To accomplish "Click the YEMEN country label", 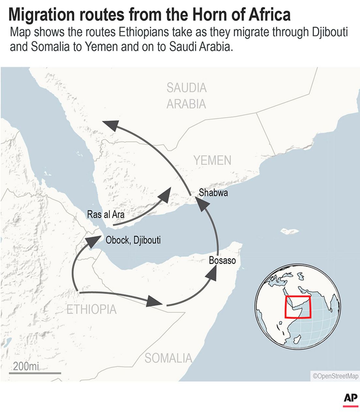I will tap(212, 160).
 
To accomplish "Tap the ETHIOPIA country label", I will tap(91, 309).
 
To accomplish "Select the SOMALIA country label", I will tap(168, 358).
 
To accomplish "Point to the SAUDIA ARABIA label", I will tap(186, 96).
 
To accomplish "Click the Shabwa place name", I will tap(213, 193).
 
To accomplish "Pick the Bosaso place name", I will tap(222, 261).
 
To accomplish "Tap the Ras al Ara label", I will tap(106, 214).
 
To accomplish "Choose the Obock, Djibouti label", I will tap(133, 240).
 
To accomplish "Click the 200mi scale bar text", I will tap(26, 366).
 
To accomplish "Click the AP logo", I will tap(350, 398).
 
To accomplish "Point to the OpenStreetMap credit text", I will tap(335, 376).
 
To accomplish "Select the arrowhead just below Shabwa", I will tap(204, 205).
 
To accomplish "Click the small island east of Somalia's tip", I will tap(290, 231).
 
